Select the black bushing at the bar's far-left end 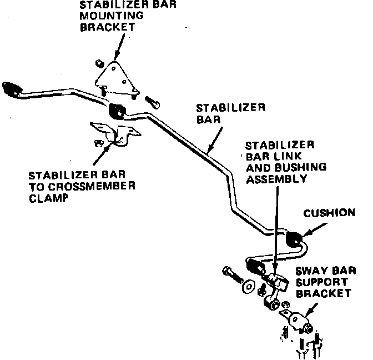tap(11, 87)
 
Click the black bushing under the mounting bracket tap(117, 110)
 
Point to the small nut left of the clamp tap(98, 143)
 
